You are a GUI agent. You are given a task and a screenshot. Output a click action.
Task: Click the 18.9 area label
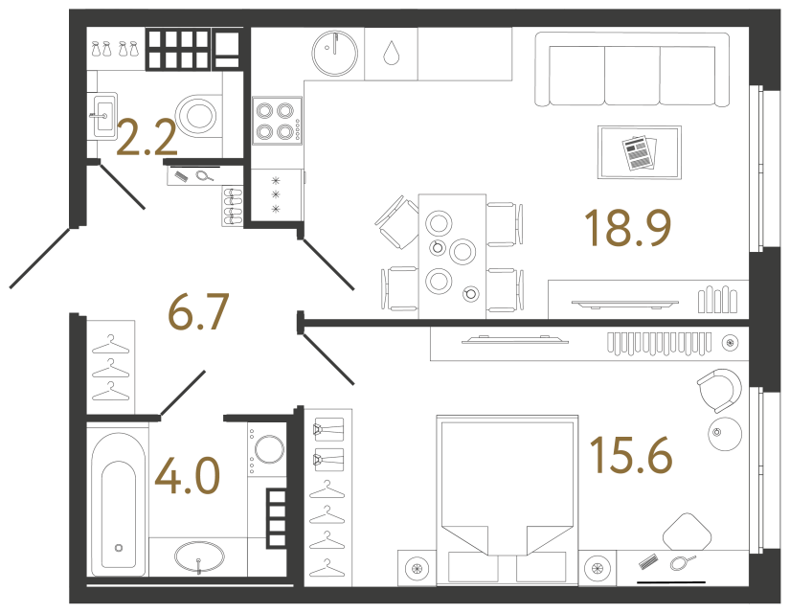(x=627, y=228)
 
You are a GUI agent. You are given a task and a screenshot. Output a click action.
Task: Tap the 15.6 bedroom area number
(x=631, y=455)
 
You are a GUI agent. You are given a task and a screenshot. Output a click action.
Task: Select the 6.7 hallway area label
(x=198, y=311)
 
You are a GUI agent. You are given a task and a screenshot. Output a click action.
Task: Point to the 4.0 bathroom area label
(x=188, y=475)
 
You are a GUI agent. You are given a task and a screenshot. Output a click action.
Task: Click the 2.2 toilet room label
(x=147, y=137)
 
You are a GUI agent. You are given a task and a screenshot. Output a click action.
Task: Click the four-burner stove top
(x=277, y=121)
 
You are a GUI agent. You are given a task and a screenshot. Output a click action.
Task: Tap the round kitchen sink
(x=334, y=53)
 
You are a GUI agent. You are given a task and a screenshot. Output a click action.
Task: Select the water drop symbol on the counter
(x=391, y=53)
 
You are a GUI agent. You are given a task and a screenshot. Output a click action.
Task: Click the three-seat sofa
(x=632, y=69)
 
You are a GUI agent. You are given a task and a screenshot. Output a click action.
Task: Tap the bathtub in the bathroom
(x=119, y=504)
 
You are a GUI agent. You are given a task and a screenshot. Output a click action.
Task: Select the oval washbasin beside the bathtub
(x=199, y=557)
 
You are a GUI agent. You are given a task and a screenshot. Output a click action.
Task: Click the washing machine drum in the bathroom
(x=269, y=449)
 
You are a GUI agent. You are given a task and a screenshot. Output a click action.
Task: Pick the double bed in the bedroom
(x=507, y=500)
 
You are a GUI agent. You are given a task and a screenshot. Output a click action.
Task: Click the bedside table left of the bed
(x=417, y=568)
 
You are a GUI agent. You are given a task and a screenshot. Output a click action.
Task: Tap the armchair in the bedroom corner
(x=720, y=390)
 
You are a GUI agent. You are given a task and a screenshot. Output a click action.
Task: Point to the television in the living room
(x=624, y=304)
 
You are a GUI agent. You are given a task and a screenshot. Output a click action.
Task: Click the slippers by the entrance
(x=233, y=206)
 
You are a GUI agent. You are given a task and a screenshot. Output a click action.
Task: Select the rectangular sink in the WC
(x=104, y=116)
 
